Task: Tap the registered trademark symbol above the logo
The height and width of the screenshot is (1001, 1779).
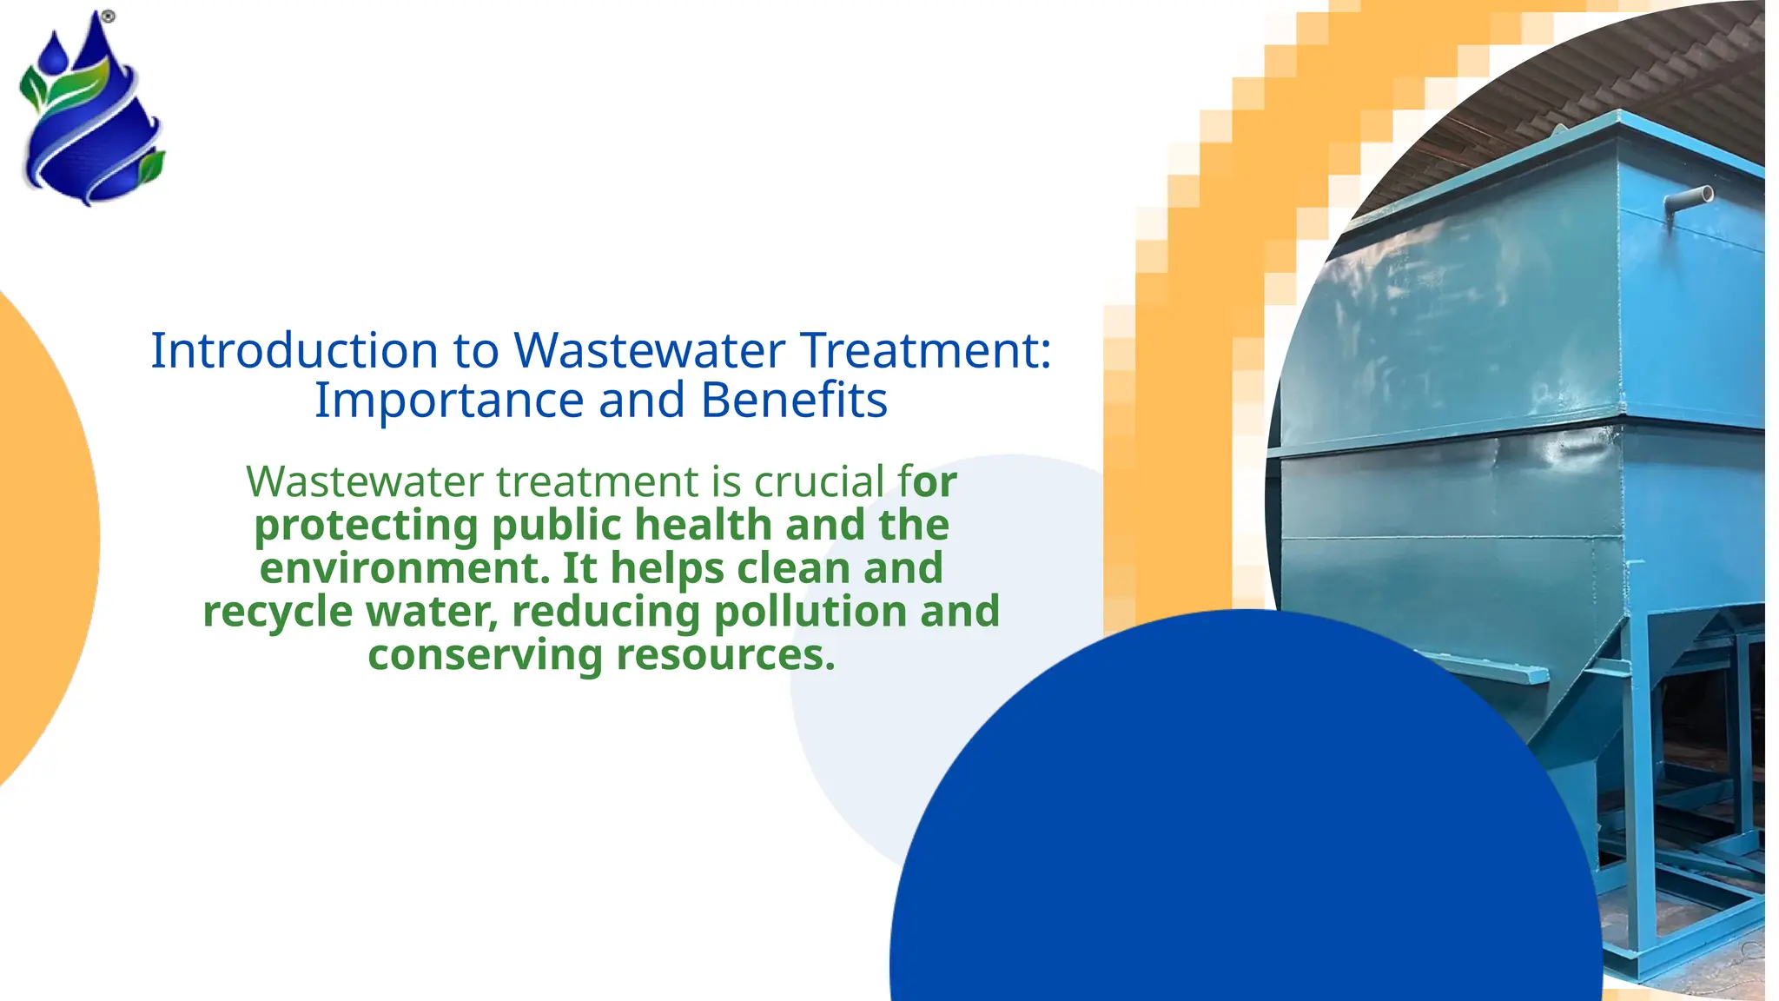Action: pos(108,17)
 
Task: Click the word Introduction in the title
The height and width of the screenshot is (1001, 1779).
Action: pos(294,350)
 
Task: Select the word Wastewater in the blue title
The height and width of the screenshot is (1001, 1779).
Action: pos(649,350)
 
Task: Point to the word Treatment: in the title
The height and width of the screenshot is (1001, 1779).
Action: pos(925,350)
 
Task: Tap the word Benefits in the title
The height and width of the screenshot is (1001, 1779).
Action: pos(794,401)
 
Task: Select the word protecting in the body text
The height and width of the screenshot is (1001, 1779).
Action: pos(366,526)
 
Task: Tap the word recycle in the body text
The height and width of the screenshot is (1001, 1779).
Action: pos(277,612)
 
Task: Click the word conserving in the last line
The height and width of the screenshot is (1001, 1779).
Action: pos(485,655)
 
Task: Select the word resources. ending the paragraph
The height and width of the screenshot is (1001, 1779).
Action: pos(725,655)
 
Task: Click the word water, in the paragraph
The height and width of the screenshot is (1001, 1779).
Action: pos(432,612)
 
